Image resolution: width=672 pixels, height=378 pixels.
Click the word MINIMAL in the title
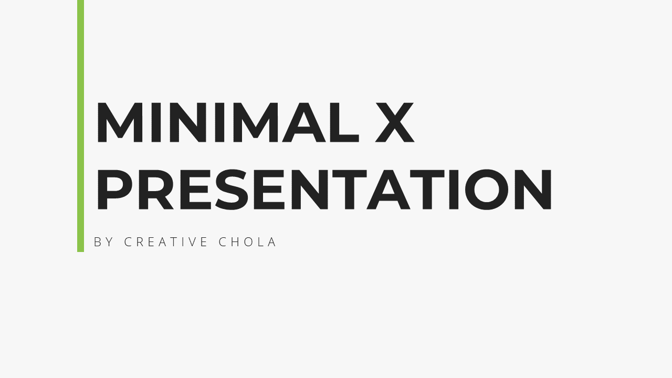228,122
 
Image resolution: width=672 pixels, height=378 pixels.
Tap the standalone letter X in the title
395,122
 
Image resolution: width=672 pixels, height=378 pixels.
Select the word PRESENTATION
324,190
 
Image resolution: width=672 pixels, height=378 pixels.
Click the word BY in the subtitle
103,242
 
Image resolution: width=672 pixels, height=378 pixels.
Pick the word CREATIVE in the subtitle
166,242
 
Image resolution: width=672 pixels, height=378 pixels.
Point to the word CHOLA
247,242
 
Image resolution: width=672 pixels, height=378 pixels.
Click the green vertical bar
80,125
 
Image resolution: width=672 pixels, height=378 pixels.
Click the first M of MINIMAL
119,122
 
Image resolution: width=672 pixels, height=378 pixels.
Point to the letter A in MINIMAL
304,122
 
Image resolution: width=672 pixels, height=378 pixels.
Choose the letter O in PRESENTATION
487,190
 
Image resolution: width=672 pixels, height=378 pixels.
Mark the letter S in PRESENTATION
232,190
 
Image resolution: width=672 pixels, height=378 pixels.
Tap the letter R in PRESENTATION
156,190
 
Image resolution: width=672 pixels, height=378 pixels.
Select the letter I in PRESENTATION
454,190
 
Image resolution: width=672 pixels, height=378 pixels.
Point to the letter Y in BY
109,242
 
